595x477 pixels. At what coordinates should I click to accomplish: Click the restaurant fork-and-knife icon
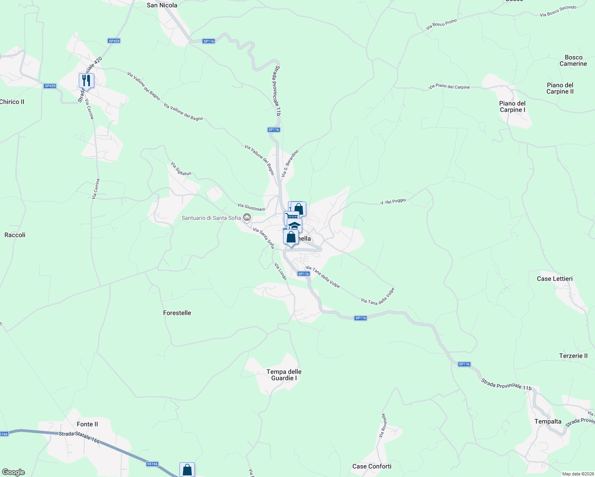click(86, 81)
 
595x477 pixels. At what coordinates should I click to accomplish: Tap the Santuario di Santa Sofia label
click(211, 218)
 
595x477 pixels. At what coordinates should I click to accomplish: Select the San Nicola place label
click(162, 5)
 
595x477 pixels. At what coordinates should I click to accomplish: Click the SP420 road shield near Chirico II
click(50, 86)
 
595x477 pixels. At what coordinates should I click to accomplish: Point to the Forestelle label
click(177, 313)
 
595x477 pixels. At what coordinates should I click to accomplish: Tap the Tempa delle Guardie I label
click(284, 375)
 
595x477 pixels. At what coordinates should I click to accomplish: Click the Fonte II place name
click(87, 424)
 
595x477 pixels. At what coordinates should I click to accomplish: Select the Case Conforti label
click(372, 466)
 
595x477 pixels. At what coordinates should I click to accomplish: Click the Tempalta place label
click(548, 421)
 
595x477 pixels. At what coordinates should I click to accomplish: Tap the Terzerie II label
click(573, 356)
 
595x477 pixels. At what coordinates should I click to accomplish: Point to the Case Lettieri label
click(555, 279)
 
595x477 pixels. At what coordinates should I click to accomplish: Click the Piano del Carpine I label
click(513, 107)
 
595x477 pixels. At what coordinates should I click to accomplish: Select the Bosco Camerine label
click(573, 60)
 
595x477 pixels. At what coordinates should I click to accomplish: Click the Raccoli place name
click(15, 235)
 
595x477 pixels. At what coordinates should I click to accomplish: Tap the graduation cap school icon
click(294, 225)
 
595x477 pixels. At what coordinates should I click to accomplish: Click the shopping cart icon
click(292, 217)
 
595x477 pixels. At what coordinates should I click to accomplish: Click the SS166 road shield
click(152, 464)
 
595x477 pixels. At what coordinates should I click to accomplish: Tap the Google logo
click(14, 472)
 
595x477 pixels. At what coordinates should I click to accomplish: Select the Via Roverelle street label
click(383, 426)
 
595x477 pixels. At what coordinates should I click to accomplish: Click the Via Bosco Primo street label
click(441, 25)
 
